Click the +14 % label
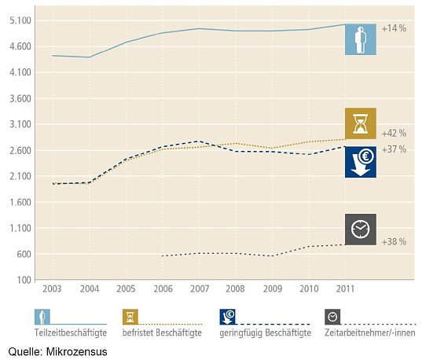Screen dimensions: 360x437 pos(393,28)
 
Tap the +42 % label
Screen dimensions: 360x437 pos(393,133)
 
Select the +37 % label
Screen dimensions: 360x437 pos(393,149)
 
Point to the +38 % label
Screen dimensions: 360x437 pos(393,241)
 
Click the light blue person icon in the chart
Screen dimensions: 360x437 pos(361,39)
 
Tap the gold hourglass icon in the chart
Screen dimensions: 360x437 pos(361,123)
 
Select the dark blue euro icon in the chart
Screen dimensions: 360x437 pos(361,161)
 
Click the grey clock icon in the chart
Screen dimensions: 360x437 pos(361,229)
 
